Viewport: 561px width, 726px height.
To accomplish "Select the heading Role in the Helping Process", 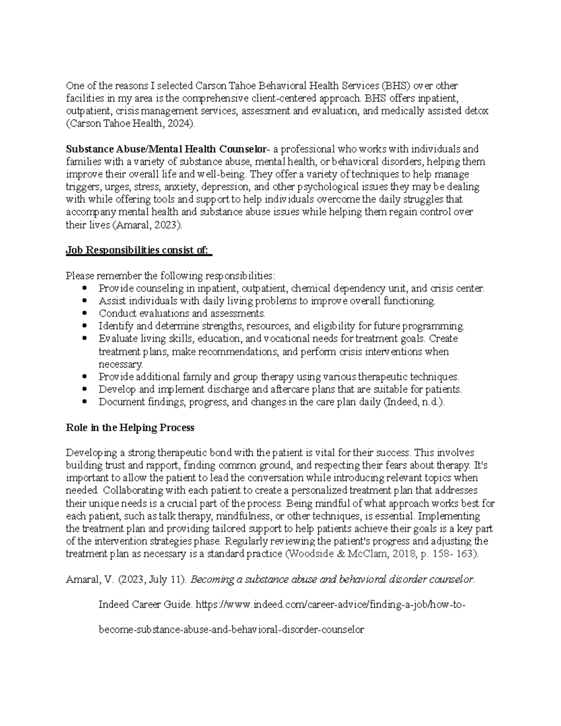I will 130,427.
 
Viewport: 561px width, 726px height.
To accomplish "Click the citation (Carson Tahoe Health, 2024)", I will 129,124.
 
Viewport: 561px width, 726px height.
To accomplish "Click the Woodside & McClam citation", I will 381,554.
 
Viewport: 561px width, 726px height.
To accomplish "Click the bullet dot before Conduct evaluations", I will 84,313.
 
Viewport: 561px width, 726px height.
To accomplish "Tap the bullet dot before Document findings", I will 84,402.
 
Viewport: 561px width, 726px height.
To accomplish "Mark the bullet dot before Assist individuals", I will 84,301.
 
